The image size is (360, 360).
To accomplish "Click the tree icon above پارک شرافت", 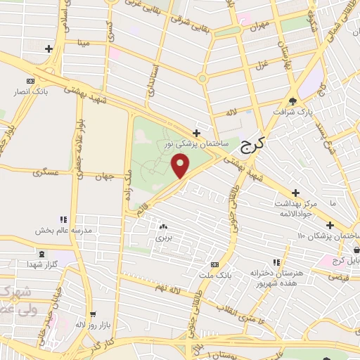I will (294, 101).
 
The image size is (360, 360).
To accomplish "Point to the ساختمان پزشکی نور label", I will (195, 143).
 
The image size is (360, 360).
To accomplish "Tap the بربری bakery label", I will (163, 238).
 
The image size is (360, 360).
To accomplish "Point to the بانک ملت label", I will (214, 274).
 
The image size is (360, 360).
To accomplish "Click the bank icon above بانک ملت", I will (214, 264).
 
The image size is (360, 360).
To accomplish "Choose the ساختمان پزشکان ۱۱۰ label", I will (328, 234).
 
